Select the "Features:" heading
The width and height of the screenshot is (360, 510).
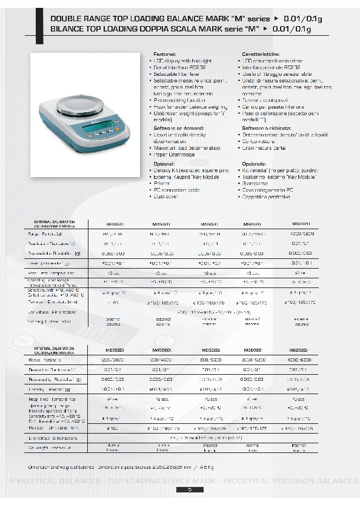tap(164, 55)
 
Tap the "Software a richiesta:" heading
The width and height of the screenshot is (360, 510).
tap(267, 129)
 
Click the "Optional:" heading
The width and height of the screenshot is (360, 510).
tap(164, 164)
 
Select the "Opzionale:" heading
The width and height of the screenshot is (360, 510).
tap(254, 164)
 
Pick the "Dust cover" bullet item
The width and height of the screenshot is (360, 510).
tap(167, 196)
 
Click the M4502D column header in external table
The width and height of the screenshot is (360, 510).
tap(161, 224)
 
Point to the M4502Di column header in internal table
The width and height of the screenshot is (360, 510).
tap(161, 351)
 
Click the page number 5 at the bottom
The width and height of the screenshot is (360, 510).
tap(190, 489)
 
